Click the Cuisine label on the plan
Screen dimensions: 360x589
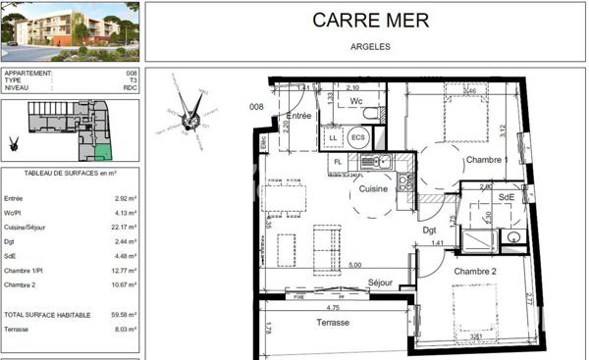[x=374, y=188]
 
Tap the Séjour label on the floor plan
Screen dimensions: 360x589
[x=380, y=283]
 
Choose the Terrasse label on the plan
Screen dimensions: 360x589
[x=332, y=323]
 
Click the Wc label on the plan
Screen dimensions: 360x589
[x=357, y=100]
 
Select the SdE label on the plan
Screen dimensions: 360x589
[x=506, y=197]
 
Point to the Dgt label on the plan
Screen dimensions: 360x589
[x=429, y=231]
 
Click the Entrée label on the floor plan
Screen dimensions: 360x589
[x=298, y=116]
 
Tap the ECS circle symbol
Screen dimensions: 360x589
[x=358, y=138]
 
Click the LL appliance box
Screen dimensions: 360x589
[x=335, y=138]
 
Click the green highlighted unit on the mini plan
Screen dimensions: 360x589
[x=103, y=151]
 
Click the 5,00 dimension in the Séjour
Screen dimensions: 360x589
[x=354, y=265]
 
